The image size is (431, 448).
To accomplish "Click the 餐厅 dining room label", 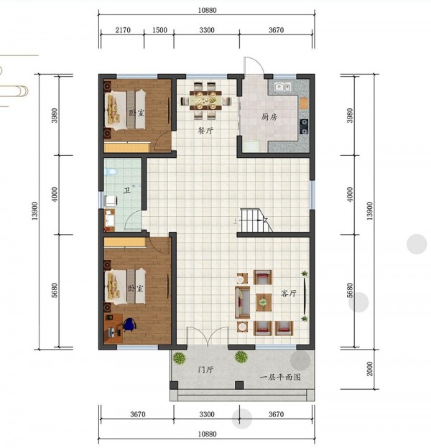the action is [205, 131].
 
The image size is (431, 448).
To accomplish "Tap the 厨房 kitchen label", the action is [269, 116].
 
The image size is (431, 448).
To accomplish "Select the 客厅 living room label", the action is [289, 293].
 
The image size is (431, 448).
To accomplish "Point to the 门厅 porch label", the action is [205, 370].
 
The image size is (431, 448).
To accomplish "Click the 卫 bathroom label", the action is [126, 190].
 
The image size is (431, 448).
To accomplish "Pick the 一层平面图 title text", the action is [280, 377].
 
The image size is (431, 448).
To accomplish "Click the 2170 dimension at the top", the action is [123, 30].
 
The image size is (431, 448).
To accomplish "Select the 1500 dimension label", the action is [159, 30].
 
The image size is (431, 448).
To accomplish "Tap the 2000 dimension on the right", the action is [370, 368].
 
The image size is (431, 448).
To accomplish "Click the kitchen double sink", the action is [283, 86].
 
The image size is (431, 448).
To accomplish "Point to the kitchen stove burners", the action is [304, 126].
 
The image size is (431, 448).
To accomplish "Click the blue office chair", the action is [129, 325].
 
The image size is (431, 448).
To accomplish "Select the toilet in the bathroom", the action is [111, 172].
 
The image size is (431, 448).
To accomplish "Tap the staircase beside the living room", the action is [255, 220].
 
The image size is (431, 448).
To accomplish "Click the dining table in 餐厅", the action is [205, 100].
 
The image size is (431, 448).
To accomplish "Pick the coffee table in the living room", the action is [264, 302].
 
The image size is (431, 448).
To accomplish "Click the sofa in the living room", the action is [242, 302].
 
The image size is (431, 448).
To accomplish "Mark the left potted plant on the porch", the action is [179, 358].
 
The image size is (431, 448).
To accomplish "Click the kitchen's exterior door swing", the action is [254, 65].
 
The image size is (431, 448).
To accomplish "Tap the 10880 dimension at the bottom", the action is [207, 434].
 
